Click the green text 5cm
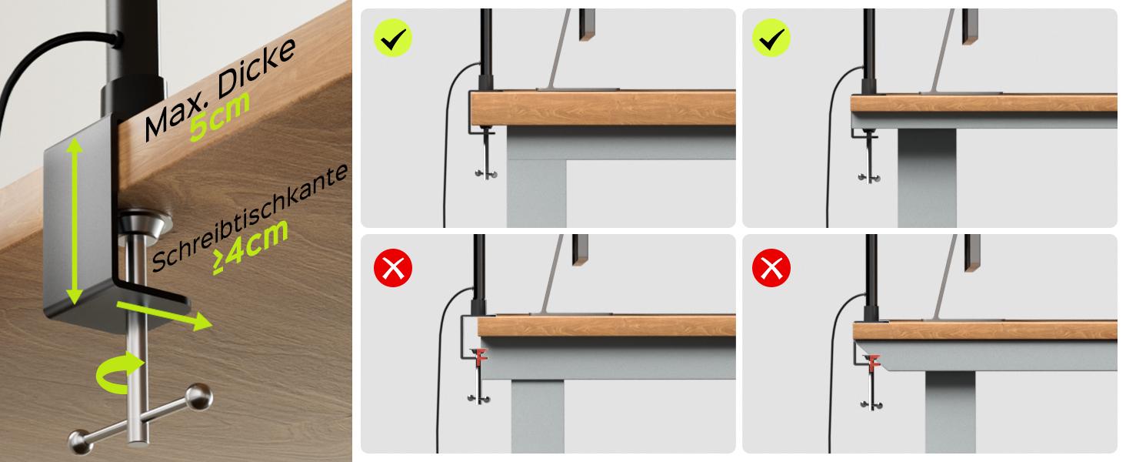click(x=220, y=115)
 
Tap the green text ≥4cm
click(x=251, y=248)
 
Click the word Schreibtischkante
click(x=250, y=217)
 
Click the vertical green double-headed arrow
click(x=75, y=222)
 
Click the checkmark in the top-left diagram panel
click(x=393, y=38)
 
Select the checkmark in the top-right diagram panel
click(x=771, y=38)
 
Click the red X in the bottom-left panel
click(x=393, y=268)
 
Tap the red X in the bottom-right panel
click(x=771, y=268)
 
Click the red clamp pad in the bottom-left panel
click(x=480, y=357)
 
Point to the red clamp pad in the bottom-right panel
click(x=872, y=363)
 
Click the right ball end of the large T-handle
click(x=199, y=397)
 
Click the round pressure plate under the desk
click(x=145, y=225)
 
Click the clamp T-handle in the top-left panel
click(x=486, y=156)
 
